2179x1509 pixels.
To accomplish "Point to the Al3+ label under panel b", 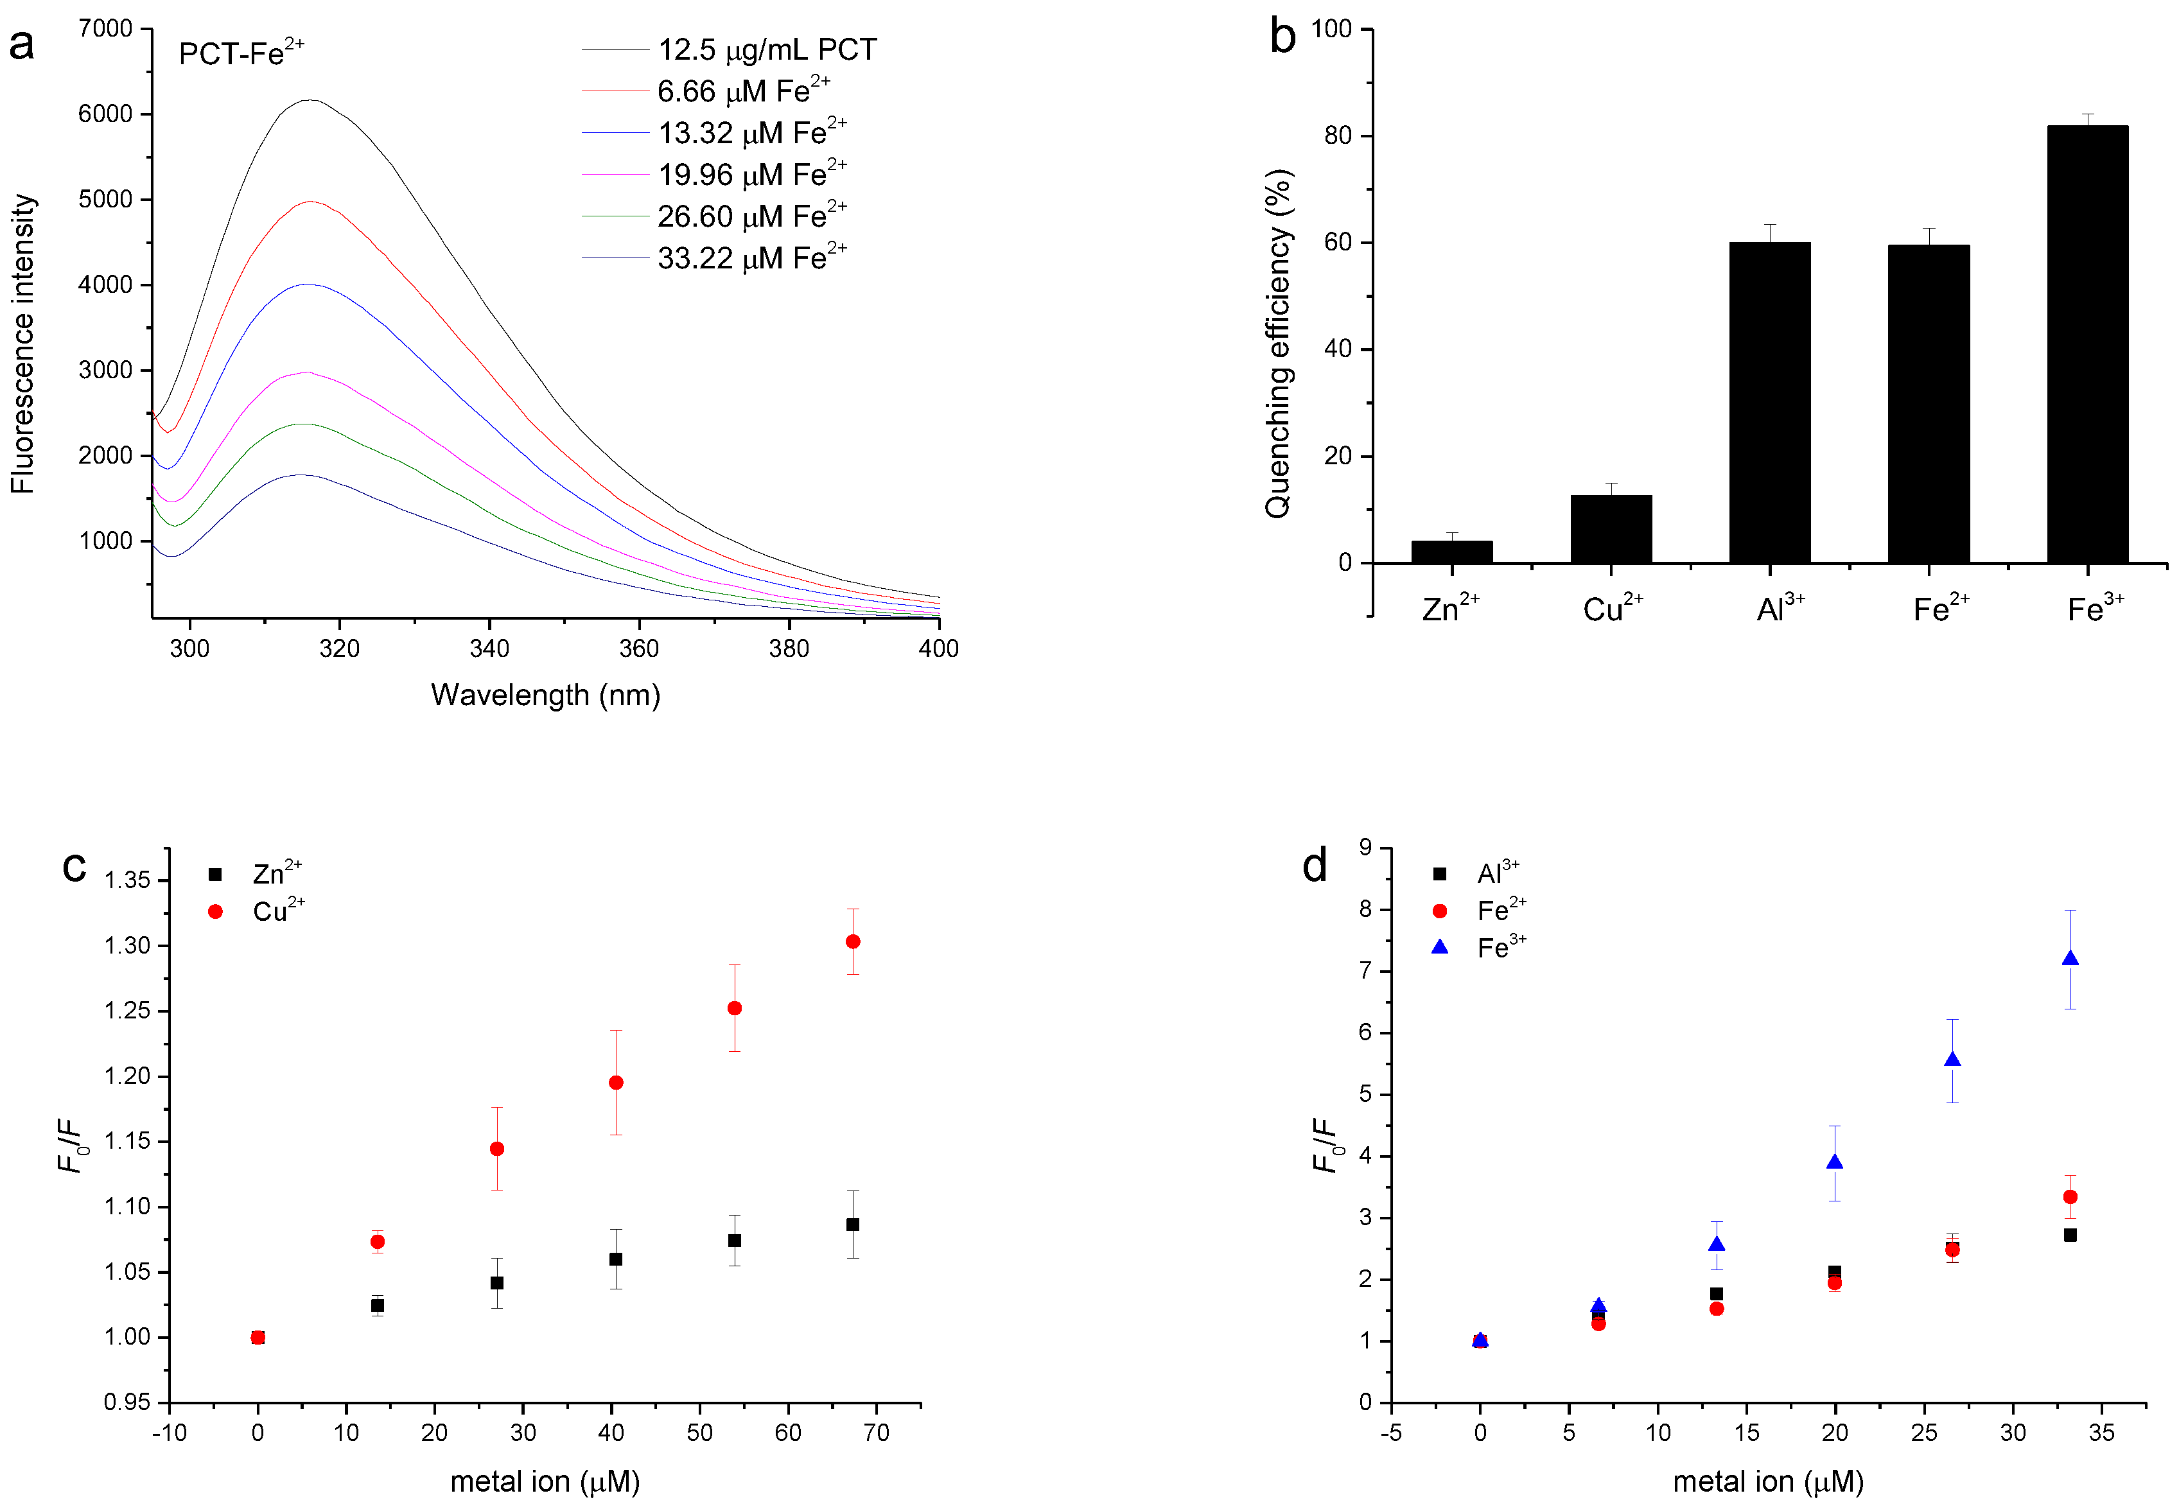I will tap(1780, 609).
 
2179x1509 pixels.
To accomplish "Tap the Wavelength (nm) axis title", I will tap(545, 695).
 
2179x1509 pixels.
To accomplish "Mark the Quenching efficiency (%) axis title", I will tap(1278, 343).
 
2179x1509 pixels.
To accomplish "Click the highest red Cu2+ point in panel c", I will tap(853, 942).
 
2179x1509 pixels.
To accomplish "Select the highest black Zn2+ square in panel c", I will tap(853, 1225).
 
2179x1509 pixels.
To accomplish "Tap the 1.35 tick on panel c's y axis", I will tap(127, 880).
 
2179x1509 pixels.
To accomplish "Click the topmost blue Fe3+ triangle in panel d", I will tap(2069, 959).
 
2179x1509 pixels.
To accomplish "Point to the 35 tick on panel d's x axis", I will tap(2101, 1433).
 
